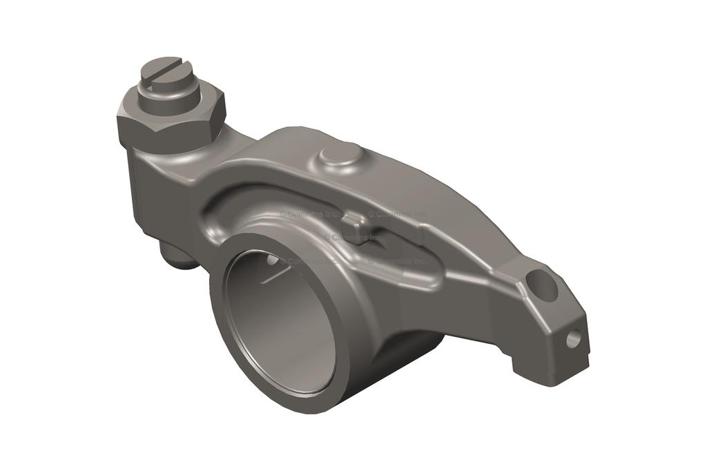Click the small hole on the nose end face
[572, 338]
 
